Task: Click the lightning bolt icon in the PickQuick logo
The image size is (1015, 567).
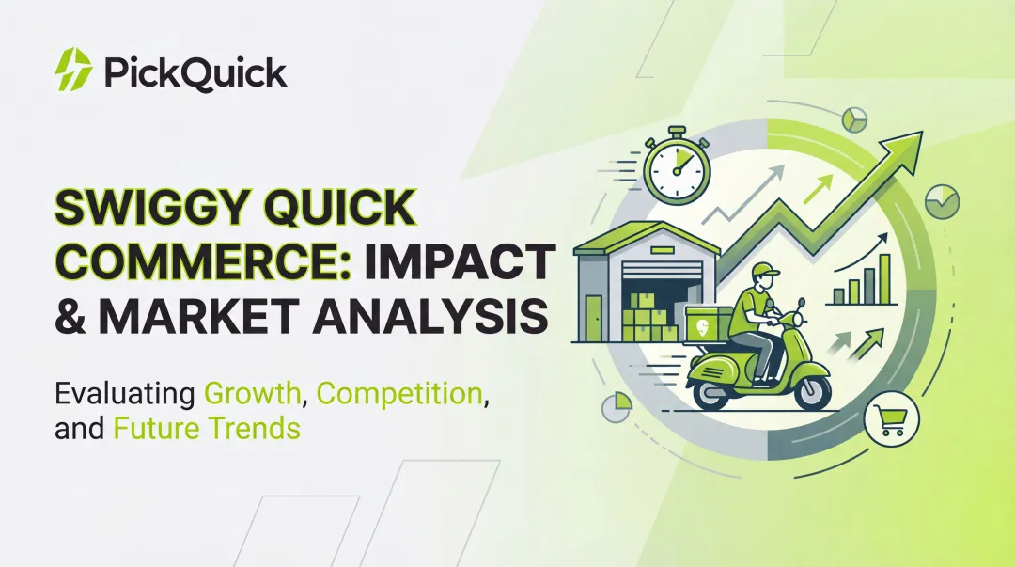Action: click(x=73, y=71)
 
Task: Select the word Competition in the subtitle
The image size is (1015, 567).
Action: click(x=399, y=392)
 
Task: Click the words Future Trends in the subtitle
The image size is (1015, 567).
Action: click(x=207, y=428)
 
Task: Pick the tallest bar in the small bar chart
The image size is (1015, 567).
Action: click(x=884, y=275)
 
